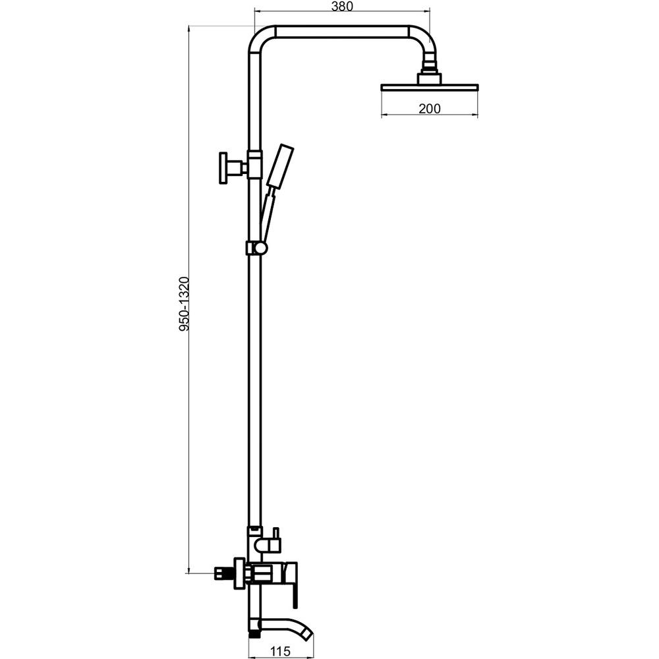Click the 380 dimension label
click(342, 7)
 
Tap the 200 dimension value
click(430, 109)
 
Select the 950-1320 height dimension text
click(184, 304)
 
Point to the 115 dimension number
click(280, 652)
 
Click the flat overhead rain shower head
click(430, 87)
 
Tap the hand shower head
click(279, 166)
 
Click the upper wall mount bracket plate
click(223, 168)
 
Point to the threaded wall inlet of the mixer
click(221, 573)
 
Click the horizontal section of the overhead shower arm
click(343, 32)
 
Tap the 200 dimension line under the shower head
click(430, 115)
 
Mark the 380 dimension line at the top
click(342, 13)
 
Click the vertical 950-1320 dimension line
click(188, 299)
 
